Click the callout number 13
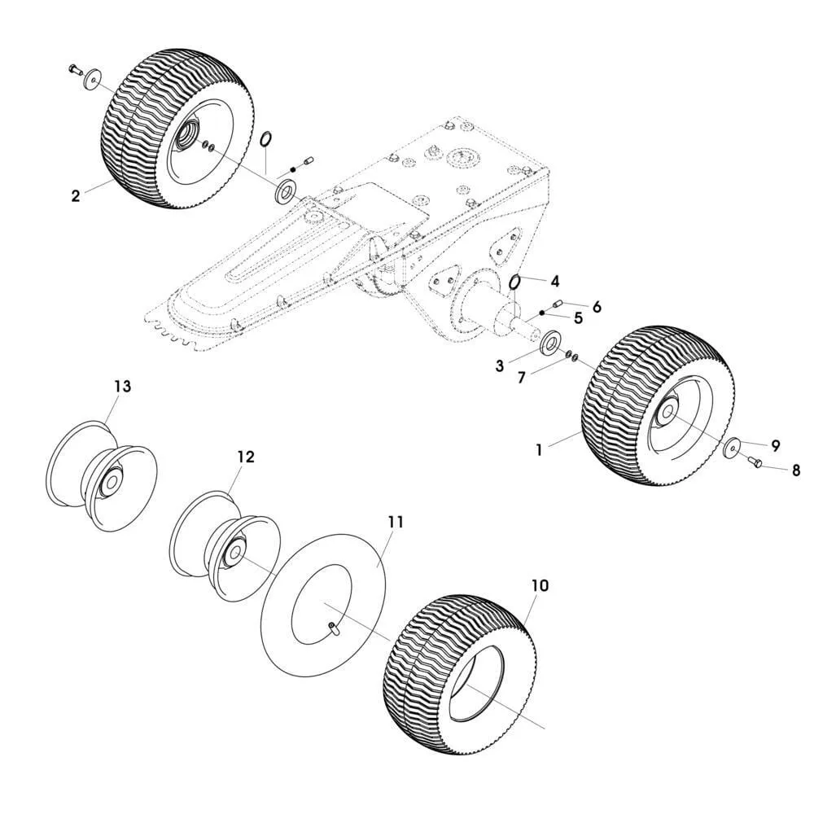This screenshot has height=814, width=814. click(x=121, y=387)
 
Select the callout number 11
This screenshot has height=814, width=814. click(x=396, y=522)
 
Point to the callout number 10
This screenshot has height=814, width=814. click(x=540, y=585)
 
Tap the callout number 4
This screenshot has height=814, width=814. click(x=554, y=282)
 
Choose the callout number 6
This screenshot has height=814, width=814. click(x=597, y=306)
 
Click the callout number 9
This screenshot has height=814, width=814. click(x=775, y=445)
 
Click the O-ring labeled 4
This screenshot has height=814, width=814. click(x=515, y=282)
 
